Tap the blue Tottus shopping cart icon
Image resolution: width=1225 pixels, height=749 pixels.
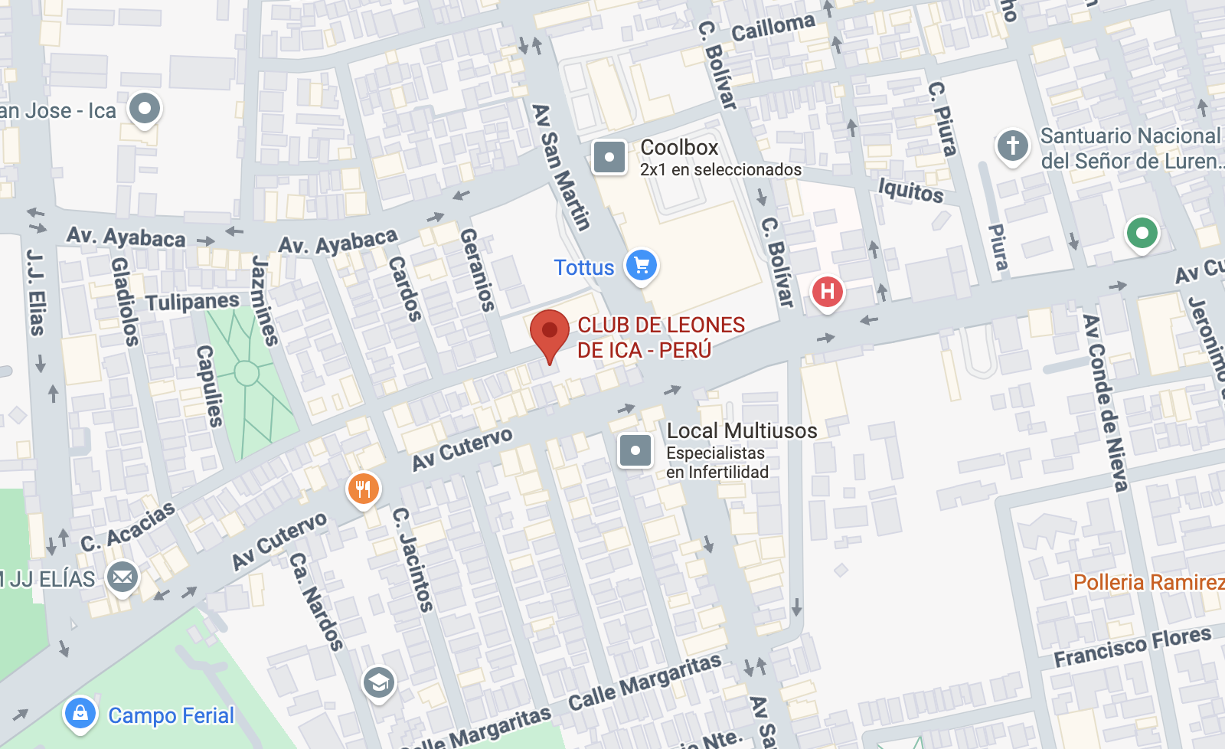[642, 266]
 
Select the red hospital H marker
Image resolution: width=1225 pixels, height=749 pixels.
[827, 292]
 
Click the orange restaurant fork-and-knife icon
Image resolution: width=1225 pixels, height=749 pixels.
[364, 489]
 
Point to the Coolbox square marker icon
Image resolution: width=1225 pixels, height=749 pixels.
[609, 158]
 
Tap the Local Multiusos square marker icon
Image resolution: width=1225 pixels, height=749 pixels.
[635, 450]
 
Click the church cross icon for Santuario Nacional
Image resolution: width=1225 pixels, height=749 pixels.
[1012, 144]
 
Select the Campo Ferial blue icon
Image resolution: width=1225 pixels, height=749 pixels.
[80, 714]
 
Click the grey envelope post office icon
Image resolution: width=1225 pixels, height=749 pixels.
[122, 577]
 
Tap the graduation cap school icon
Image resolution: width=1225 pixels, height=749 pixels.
[378, 682]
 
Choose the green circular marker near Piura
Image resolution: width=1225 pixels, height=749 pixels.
[1142, 232]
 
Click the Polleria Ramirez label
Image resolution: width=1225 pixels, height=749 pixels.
[1148, 582]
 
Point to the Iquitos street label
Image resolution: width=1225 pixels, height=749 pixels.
[910, 190]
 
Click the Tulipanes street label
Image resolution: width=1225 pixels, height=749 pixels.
[192, 303]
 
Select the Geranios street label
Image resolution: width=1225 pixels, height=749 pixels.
[476, 270]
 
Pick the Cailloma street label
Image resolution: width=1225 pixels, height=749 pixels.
[773, 28]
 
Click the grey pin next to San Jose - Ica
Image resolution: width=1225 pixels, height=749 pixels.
[144, 108]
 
